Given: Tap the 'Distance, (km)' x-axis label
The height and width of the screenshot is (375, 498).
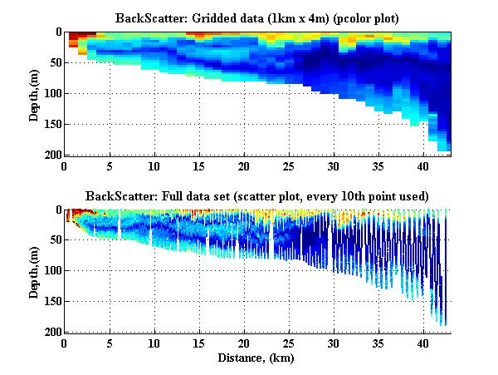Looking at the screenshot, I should pyautogui.click(x=256, y=358).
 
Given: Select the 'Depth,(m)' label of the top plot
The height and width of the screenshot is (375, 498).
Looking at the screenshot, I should pyautogui.click(x=34, y=93).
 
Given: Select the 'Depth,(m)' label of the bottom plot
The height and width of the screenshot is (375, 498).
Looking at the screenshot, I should pyautogui.click(x=34, y=271).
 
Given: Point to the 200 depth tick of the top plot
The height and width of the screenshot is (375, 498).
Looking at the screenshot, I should pyautogui.click(x=51, y=155).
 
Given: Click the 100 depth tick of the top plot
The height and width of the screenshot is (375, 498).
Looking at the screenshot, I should pyautogui.click(x=51, y=93).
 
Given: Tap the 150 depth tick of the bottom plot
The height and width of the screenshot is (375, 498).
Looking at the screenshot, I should pyautogui.click(x=51, y=301).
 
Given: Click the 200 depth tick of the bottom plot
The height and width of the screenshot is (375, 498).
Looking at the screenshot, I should pyautogui.click(x=51, y=332).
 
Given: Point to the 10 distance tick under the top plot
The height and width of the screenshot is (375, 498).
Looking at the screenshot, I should pyautogui.click(x=154, y=165).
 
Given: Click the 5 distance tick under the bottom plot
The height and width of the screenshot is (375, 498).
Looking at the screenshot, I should pyautogui.click(x=109, y=343).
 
